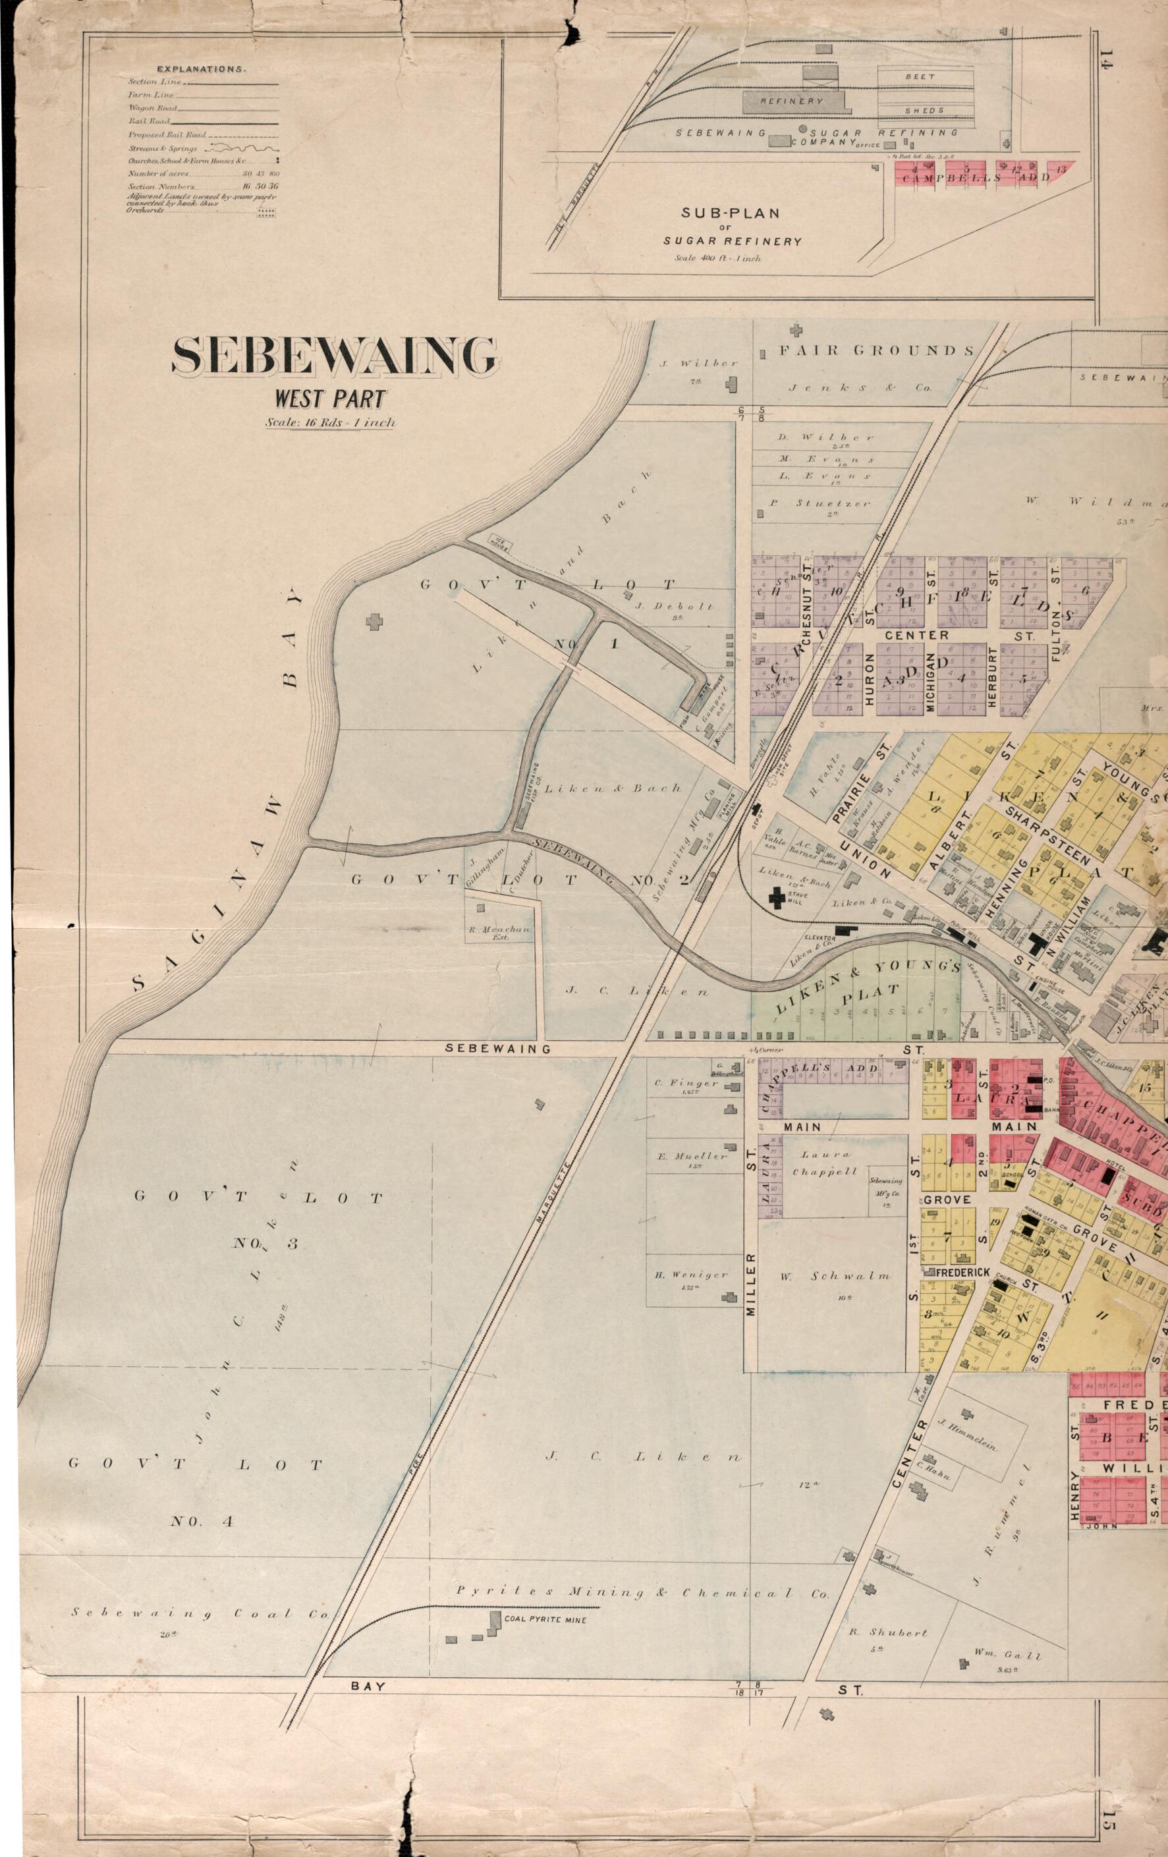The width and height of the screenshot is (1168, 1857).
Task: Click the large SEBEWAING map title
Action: coord(335,357)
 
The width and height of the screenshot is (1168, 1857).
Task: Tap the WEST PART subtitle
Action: coord(329,399)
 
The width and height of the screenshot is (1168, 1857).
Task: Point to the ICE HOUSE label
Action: coord(499,542)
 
